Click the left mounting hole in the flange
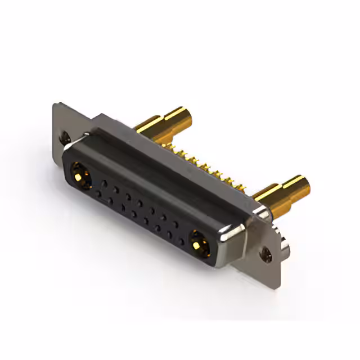point(66,136)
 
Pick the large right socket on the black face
point(198,244)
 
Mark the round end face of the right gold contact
point(300,185)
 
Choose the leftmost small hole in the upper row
point(105,182)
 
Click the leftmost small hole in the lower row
point(100,193)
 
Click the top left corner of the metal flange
point(57,105)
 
